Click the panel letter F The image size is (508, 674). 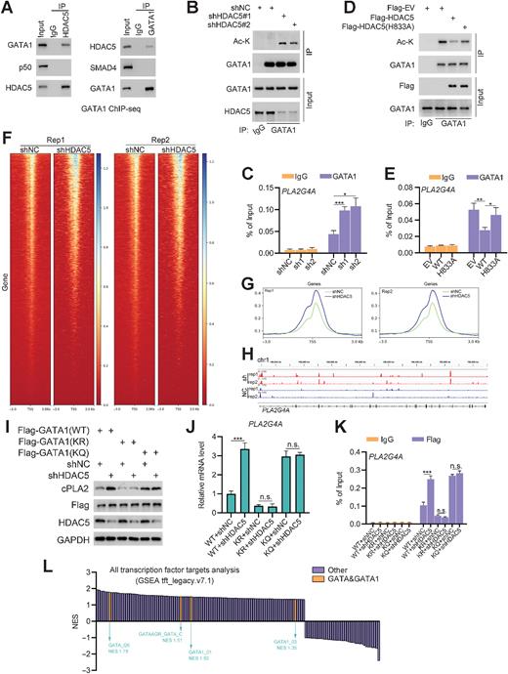pos(9,126)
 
